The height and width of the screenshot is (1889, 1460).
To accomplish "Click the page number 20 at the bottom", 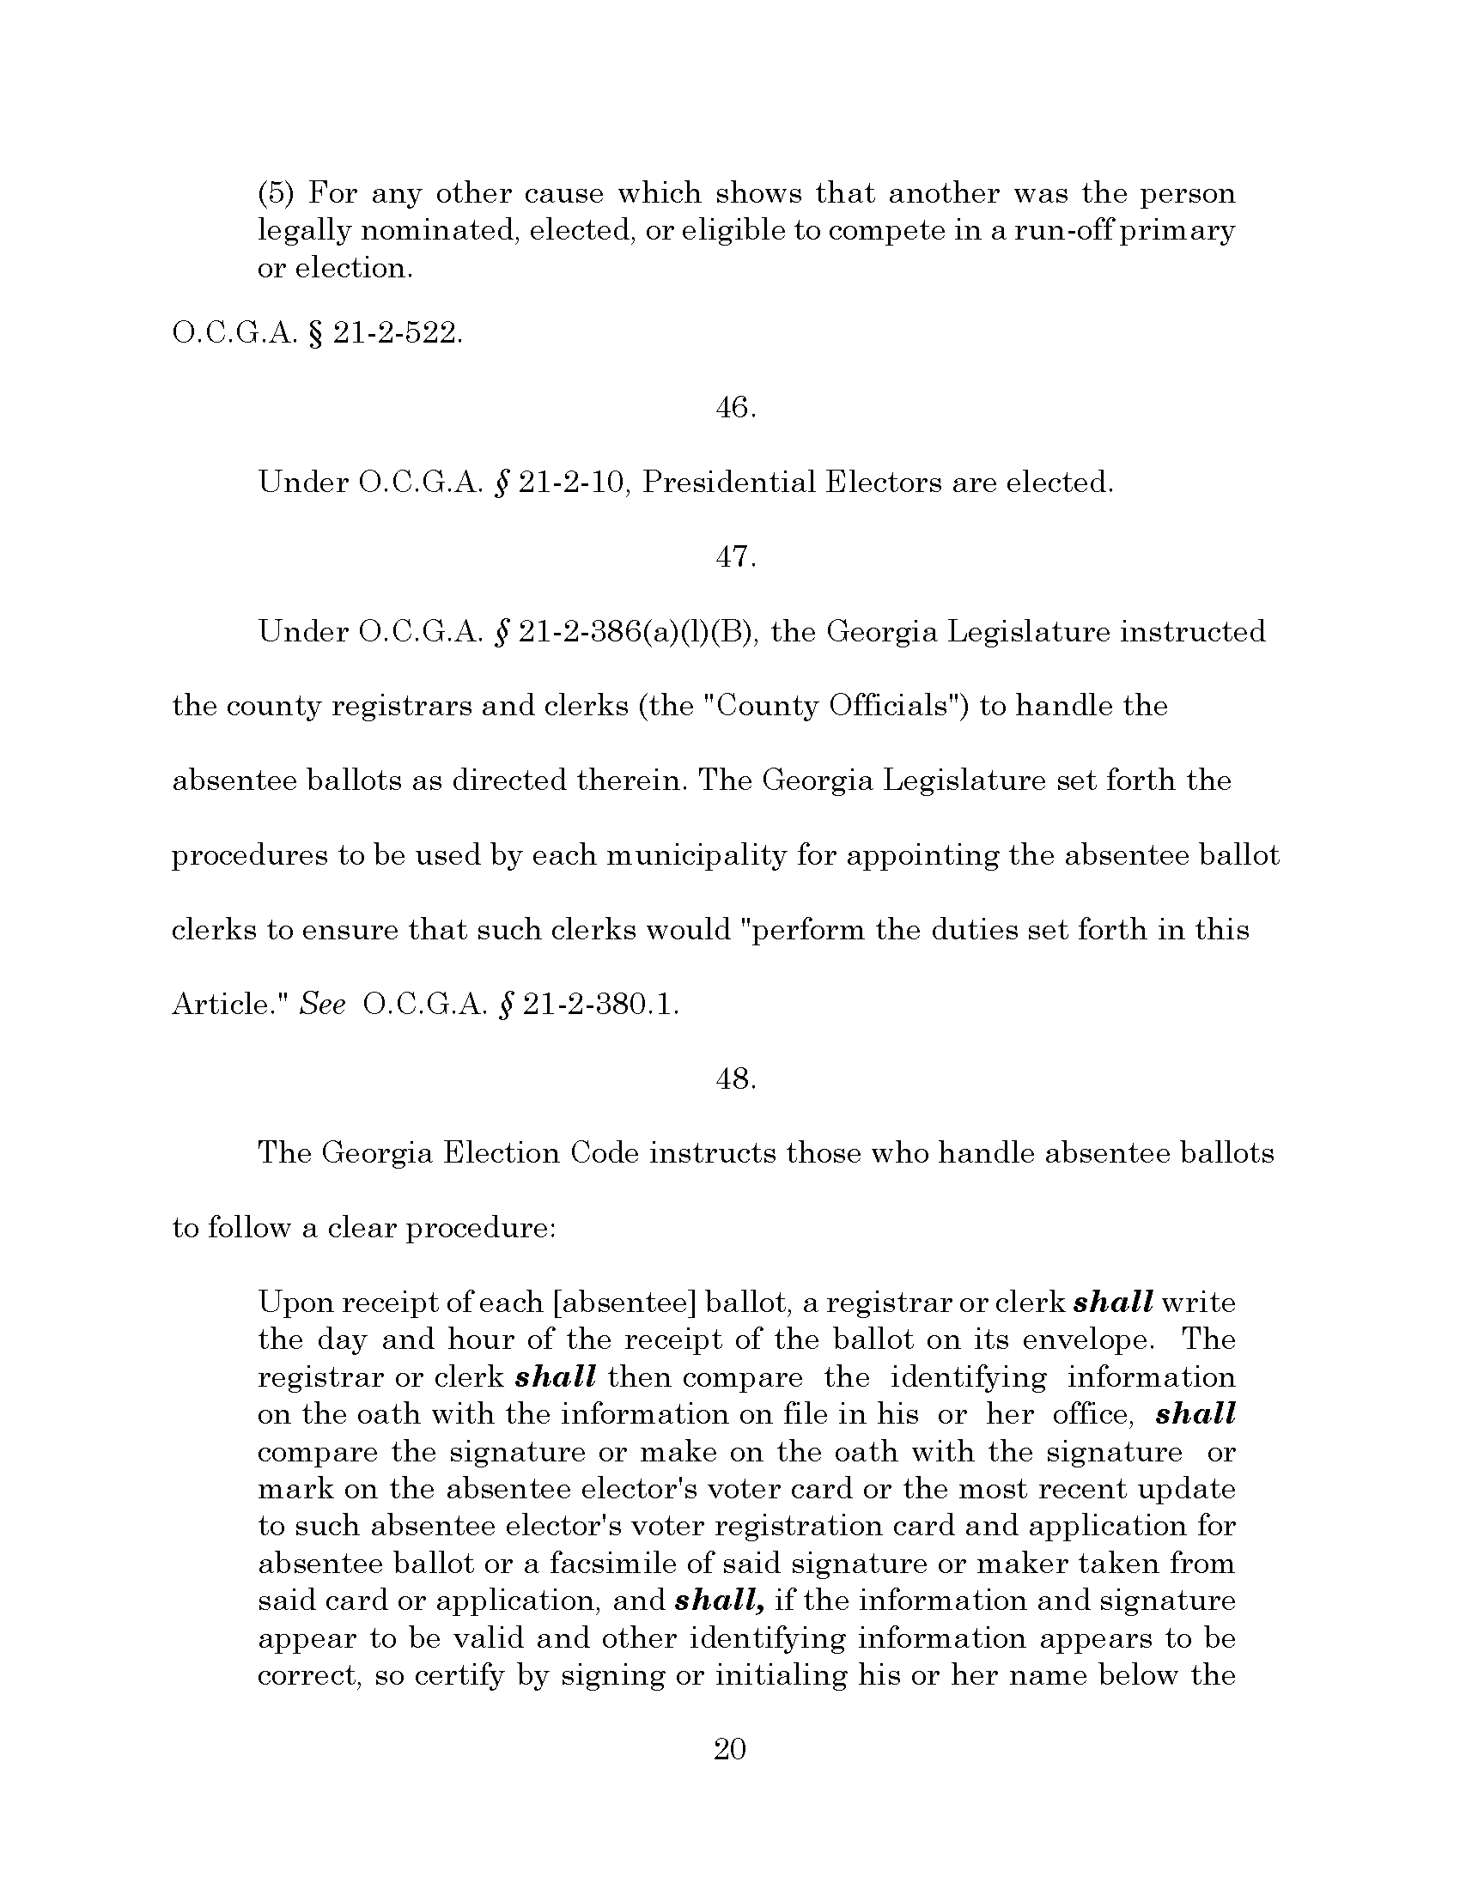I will pyautogui.click(x=729, y=1749).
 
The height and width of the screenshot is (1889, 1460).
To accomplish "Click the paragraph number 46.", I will pyautogui.click(x=736, y=407).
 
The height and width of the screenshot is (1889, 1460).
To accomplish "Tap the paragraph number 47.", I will pyautogui.click(x=736, y=557).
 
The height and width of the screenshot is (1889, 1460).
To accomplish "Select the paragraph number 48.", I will pyautogui.click(x=736, y=1078).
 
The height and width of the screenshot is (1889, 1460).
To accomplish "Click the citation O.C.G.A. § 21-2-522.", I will pyautogui.click(x=318, y=333).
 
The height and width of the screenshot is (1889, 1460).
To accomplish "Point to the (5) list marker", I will pyautogui.click(x=276, y=192).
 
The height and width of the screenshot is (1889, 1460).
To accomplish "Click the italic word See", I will pyautogui.click(x=323, y=1005).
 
